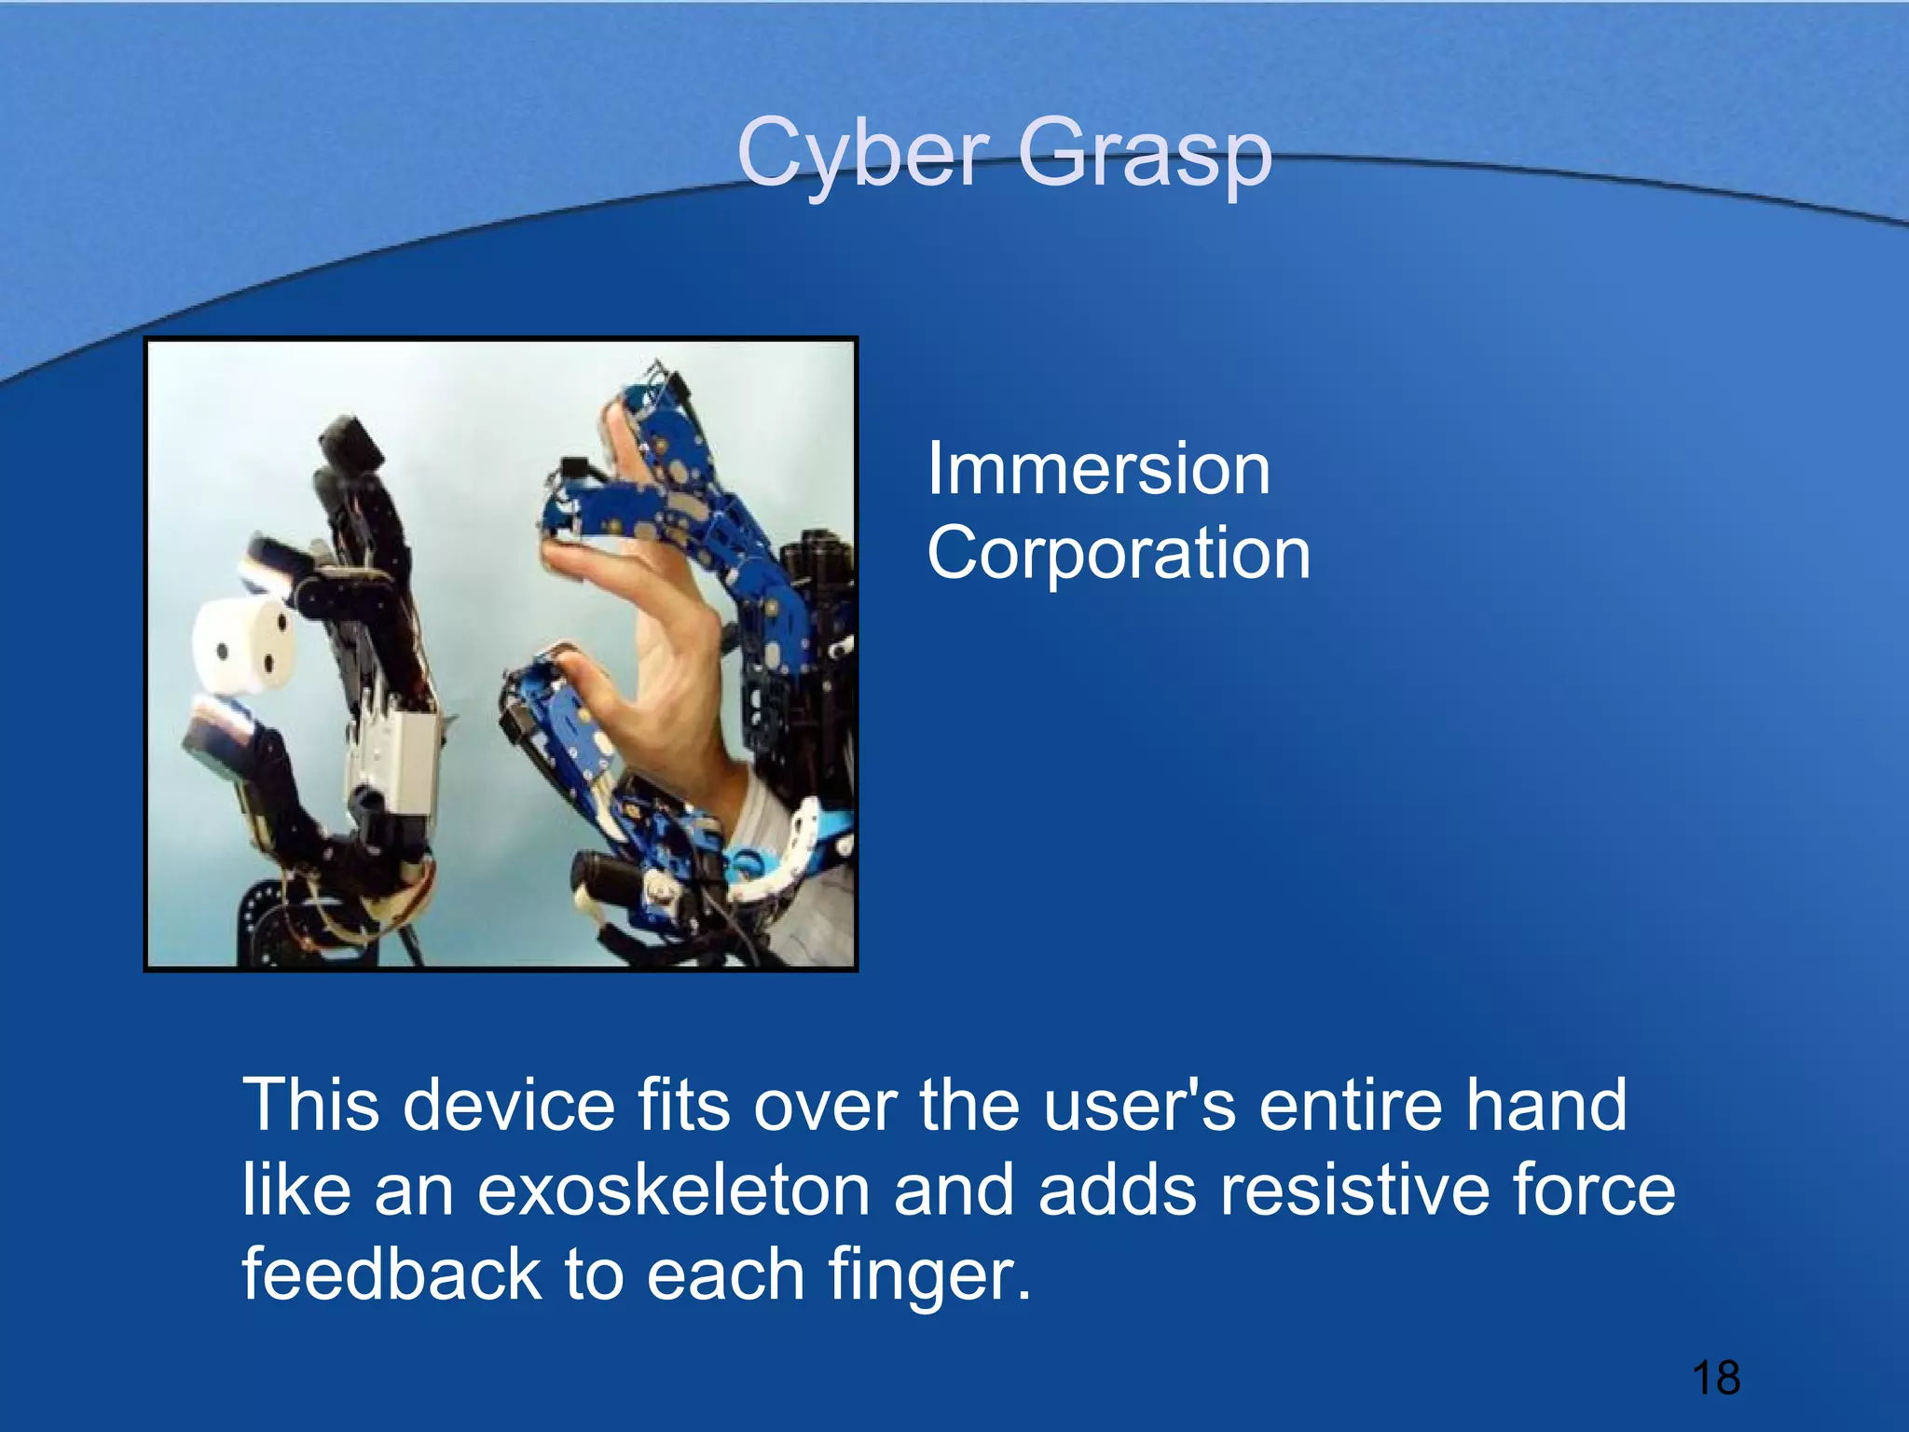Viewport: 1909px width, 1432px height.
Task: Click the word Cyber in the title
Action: [861, 153]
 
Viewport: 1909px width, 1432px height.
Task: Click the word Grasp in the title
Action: [1144, 153]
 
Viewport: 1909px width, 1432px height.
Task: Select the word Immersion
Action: [1097, 469]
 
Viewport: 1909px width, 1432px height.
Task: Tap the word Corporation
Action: [1118, 553]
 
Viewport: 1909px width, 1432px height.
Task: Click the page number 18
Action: [1715, 1378]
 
